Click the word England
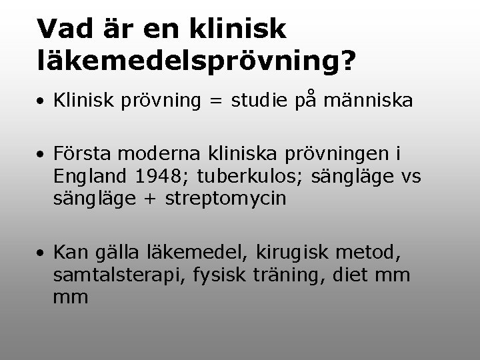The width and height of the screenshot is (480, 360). [92, 177]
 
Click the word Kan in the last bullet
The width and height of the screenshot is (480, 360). [69, 253]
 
